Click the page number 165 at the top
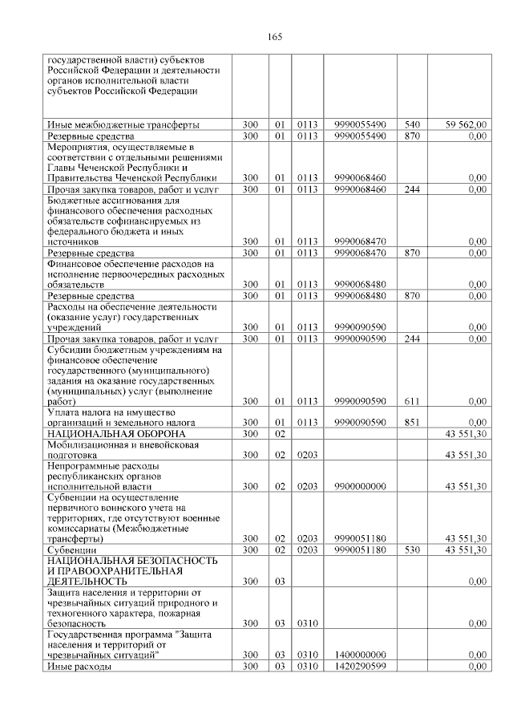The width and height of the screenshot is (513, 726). [x=275, y=37]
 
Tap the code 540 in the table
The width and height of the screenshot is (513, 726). [x=412, y=124]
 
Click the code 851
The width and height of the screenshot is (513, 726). [x=412, y=422]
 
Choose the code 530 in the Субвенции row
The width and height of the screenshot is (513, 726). [x=412, y=550]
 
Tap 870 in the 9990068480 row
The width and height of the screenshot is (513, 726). [x=412, y=296]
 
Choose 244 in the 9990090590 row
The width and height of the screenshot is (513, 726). [x=412, y=338]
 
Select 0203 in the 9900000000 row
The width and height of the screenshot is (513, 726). [x=308, y=486]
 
